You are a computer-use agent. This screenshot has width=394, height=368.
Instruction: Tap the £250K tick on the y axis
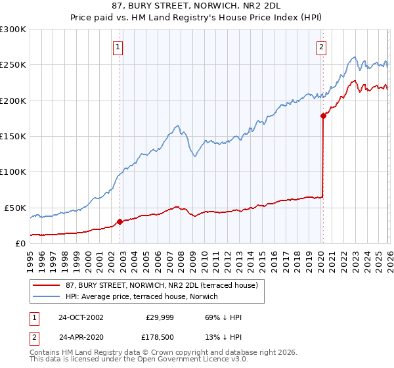pos(14,65)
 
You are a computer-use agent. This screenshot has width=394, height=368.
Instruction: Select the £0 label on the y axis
pos(21,243)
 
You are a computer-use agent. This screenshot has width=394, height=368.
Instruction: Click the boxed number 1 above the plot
pos(118,47)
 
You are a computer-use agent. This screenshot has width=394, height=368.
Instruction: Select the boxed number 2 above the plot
pos(321,47)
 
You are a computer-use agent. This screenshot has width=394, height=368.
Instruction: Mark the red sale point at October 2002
pos(120,221)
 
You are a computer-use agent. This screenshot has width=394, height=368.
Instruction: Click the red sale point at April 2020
pos(322,116)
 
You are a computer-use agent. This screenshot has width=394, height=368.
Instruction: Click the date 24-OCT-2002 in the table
pos(81,317)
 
